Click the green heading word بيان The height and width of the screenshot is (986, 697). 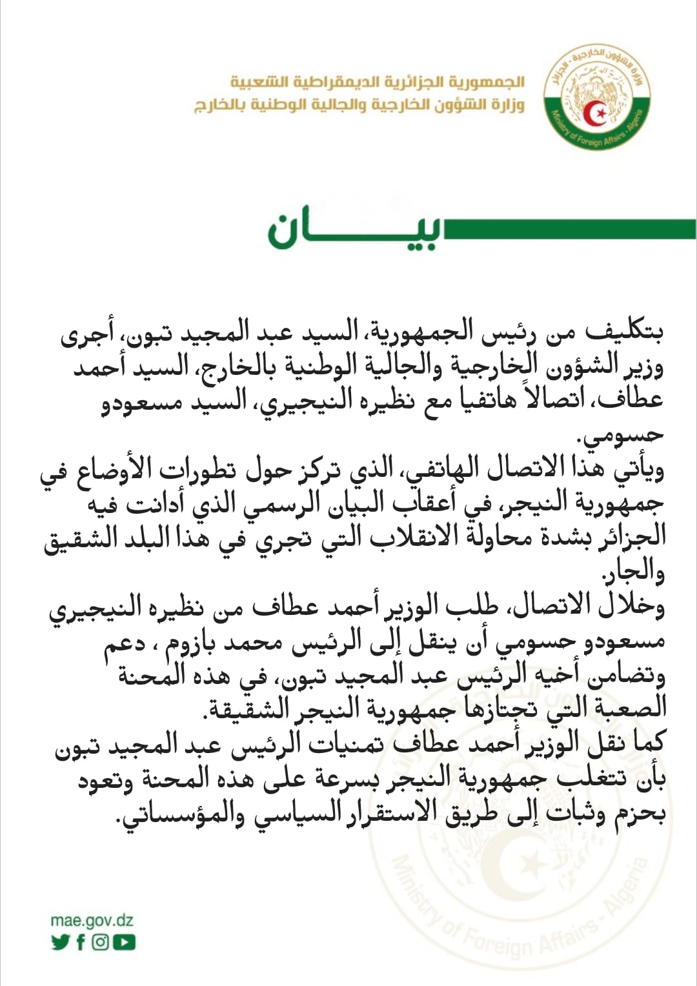click(x=354, y=230)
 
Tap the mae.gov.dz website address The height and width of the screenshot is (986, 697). click(x=92, y=921)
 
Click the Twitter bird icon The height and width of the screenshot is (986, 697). click(x=60, y=943)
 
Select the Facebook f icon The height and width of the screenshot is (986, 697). click(x=81, y=943)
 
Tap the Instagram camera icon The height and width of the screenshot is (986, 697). click(x=100, y=943)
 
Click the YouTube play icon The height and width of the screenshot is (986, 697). click(x=124, y=943)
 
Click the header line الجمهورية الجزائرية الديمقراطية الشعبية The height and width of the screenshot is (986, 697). click(x=378, y=83)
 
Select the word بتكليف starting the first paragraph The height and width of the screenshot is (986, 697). click(x=624, y=332)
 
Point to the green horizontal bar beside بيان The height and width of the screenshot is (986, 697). click(x=568, y=229)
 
